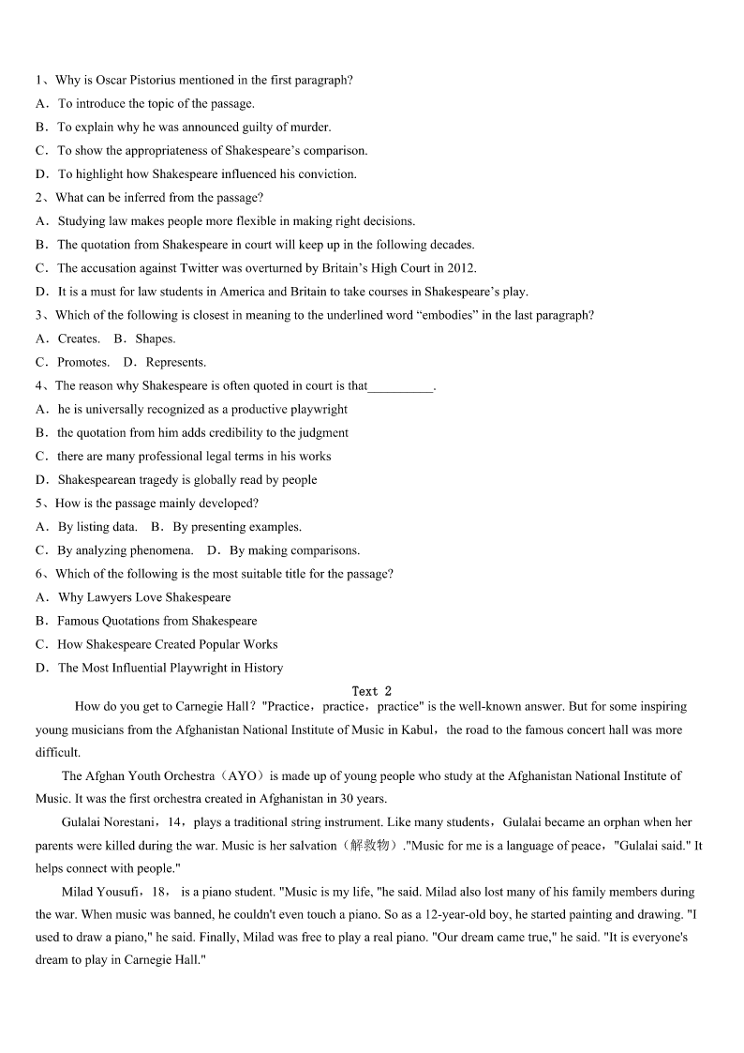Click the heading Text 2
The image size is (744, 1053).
click(x=372, y=692)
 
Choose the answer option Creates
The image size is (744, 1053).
click(x=79, y=338)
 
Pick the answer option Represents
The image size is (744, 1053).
click(x=176, y=362)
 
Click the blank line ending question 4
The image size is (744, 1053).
click(x=401, y=386)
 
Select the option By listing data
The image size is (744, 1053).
click(x=97, y=527)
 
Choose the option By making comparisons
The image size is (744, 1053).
click(x=294, y=550)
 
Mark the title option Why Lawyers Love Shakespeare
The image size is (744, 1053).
click(x=144, y=597)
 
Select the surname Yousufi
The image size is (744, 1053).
click(x=119, y=893)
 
